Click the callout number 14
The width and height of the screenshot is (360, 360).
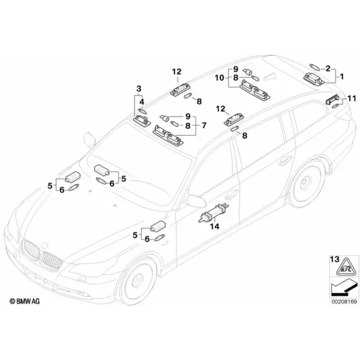[x=215, y=226]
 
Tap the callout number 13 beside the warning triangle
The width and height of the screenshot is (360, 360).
[x=335, y=259]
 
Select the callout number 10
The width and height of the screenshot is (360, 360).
[x=219, y=78]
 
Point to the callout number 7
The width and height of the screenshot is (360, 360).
[x=204, y=125]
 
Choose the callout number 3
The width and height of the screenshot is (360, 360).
[x=139, y=88]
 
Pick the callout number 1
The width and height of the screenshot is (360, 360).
[x=342, y=76]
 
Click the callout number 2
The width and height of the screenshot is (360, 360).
[x=328, y=68]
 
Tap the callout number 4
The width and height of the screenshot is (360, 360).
[x=142, y=102]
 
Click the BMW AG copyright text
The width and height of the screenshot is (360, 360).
[x=25, y=301]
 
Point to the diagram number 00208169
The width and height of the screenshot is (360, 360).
[x=344, y=301]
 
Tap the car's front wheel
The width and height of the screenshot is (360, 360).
[x=137, y=282]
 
